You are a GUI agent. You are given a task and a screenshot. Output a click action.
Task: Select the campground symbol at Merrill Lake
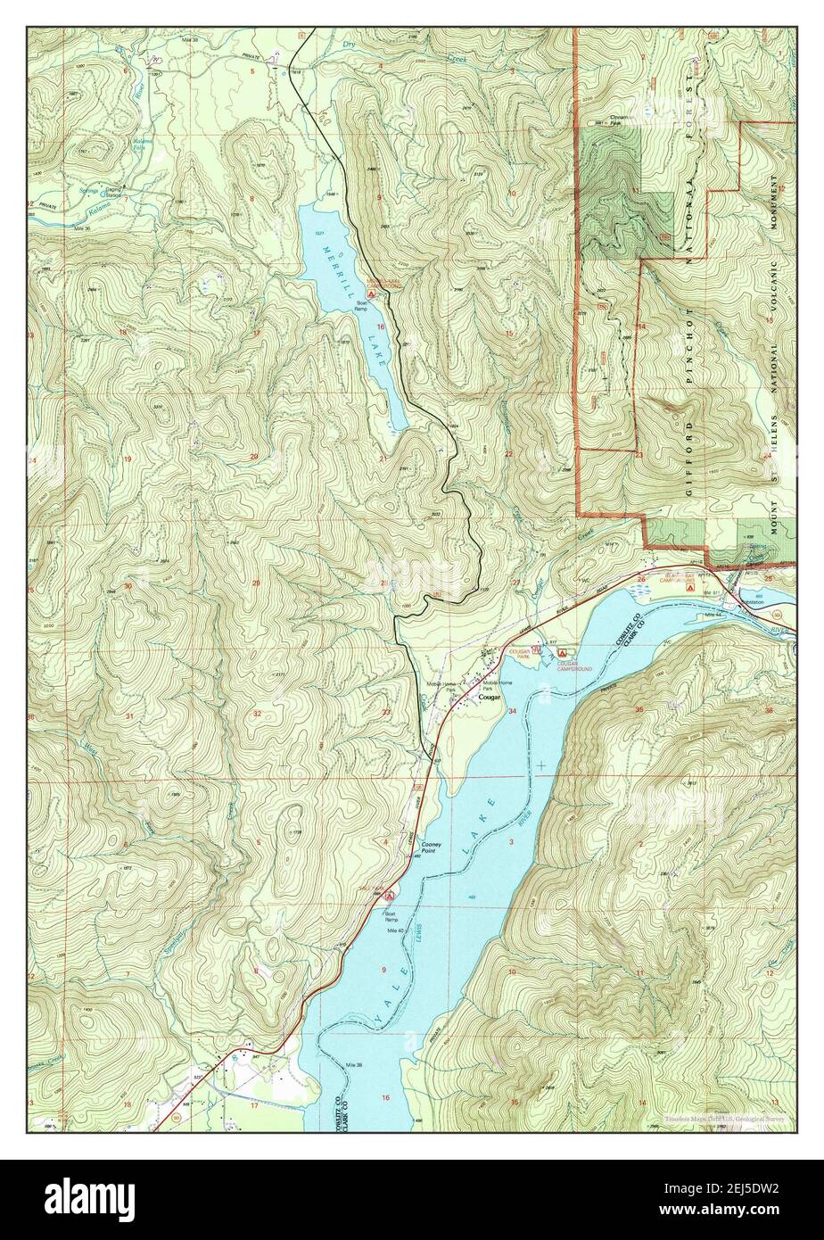click(358, 293)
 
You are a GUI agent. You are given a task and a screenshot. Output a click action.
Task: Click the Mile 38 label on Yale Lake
click(354, 1066)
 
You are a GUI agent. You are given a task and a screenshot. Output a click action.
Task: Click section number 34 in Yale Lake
click(512, 711)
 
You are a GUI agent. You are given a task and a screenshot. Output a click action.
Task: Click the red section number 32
click(257, 714)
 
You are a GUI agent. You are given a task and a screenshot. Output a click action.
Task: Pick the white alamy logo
click(91, 1198)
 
